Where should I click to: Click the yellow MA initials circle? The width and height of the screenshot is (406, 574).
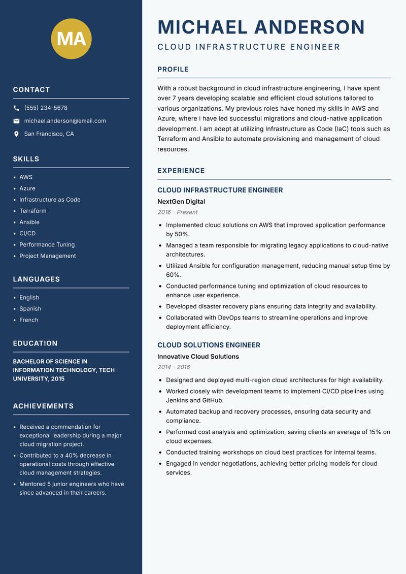(x=72, y=39)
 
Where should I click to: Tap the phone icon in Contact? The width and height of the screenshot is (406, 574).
(x=16, y=108)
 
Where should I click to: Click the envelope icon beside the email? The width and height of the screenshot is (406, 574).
(x=16, y=121)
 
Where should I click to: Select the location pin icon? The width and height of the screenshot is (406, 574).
(x=16, y=134)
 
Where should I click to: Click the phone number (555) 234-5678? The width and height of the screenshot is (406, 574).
(x=46, y=108)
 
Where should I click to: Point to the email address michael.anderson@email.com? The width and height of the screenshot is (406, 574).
(x=65, y=121)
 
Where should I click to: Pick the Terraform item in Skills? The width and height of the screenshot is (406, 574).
(x=33, y=211)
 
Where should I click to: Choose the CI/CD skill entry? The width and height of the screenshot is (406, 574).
(x=27, y=233)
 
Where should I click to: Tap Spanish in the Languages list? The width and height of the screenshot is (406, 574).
(x=30, y=309)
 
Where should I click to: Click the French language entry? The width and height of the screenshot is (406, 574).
(x=29, y=320)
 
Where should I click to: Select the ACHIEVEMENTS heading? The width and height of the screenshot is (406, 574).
(x=43, y=406)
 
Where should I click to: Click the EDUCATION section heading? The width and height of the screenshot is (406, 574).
(x=36, y=343)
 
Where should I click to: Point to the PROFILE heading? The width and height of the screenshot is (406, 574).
(x=173, y=70)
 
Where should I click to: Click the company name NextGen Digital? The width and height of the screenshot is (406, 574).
(x=181, y=202)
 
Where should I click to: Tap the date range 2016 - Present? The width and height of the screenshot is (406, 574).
(x=178, y=212)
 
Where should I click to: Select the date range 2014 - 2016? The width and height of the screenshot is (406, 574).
(x=174, y=367)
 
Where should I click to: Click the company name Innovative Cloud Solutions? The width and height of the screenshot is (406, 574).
(x=198, y=357)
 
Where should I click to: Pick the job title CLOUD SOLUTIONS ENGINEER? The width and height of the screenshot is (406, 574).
(x=209, y=345)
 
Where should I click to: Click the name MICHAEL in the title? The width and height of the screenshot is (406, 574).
(x=203, y=27)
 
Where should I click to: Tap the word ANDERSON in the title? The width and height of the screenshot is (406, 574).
(x=309, y=27)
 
